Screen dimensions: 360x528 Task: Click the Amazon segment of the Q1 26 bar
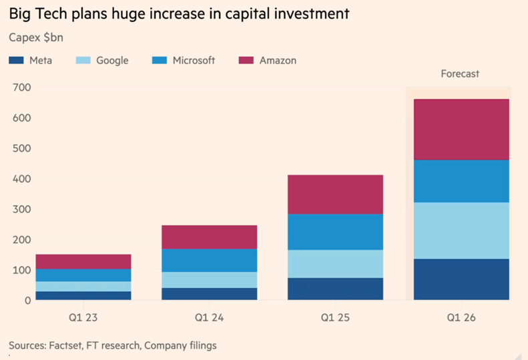(461, 130)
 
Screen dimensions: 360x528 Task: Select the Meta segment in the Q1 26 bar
(461, 279)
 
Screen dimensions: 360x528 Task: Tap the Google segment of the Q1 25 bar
(335, 264)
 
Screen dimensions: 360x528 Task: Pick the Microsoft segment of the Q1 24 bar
(210, 260)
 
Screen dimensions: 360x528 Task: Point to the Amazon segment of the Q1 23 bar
(83, 261)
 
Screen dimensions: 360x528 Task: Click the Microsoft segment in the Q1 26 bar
(461, 181)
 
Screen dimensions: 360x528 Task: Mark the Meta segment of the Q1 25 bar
(335, 289)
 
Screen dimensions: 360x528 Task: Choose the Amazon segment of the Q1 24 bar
(210, 237)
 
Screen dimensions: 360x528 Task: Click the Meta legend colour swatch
(16, 61)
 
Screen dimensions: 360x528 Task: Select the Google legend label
(112, 60)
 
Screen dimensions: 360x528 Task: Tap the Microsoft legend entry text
(194, 60)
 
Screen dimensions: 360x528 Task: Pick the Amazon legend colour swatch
(246, 61)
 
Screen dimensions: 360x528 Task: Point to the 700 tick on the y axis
(21, 87)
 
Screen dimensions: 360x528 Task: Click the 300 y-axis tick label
(21, 209)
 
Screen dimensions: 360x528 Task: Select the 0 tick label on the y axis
(27, 301)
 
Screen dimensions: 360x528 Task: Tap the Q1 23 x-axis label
(83, 317)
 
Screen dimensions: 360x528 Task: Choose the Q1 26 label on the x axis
(461, 317)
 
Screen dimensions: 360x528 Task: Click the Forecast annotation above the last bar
(460, 73)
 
